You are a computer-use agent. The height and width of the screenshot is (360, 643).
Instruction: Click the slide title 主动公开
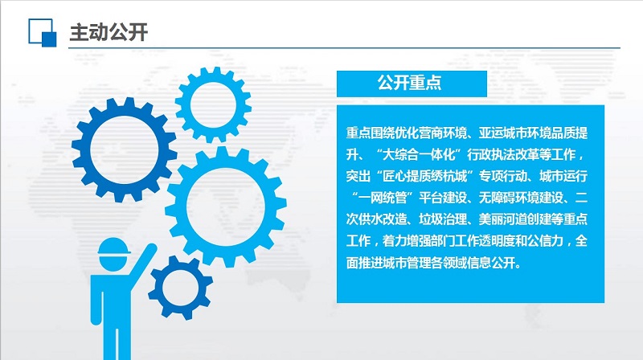[109, 32]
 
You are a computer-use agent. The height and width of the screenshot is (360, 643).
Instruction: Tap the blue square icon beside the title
[43, 33]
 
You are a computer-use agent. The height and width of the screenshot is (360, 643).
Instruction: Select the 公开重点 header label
[409, 83]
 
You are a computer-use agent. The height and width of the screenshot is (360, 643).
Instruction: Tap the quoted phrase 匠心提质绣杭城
[425, 176]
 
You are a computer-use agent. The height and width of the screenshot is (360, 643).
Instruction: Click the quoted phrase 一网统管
[383, 198]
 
